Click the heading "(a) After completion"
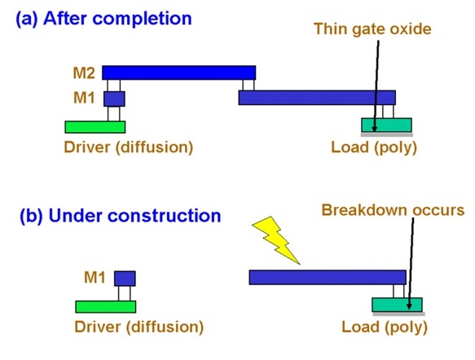104,18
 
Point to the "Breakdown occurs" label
393,209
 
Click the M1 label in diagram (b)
95,279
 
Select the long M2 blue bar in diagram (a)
178,72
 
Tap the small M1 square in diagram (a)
114,99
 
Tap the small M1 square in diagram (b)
124,279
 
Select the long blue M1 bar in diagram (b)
327,277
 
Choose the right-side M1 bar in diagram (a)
316,98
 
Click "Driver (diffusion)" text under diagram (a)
128,147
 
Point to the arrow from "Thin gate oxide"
376,81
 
